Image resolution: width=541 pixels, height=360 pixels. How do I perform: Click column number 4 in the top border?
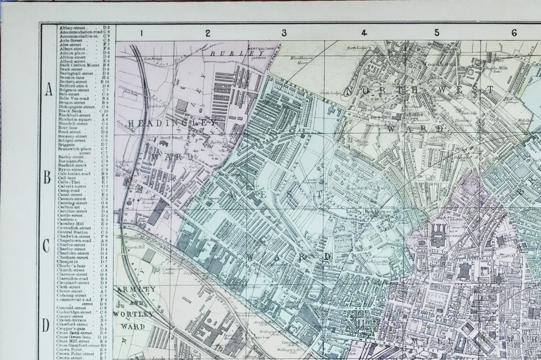click(364, 33)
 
